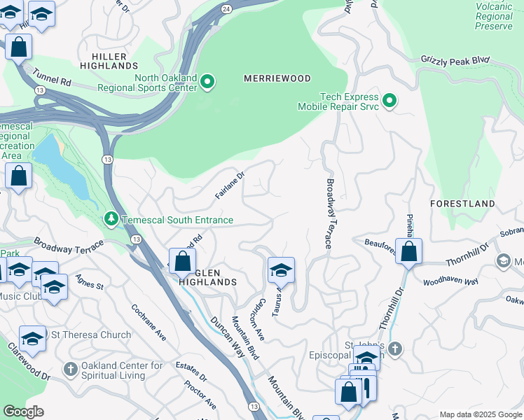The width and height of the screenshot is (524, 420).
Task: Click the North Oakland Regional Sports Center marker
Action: pos(207,83)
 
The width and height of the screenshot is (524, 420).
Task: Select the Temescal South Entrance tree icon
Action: pos(111,220)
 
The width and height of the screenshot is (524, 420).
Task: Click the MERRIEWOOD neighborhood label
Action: pos(277,78)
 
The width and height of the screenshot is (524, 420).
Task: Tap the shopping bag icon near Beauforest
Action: pos(408,252)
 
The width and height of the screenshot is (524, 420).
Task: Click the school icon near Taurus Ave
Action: pos(281,270)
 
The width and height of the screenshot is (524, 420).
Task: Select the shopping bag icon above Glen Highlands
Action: pos(182,262)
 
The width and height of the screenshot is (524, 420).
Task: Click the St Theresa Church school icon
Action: pos(32,339)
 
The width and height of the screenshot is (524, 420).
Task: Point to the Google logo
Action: pos(23,412)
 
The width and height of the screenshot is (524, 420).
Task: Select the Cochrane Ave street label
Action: pos(149,322)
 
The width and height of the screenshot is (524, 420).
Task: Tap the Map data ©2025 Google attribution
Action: pos(480,414)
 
